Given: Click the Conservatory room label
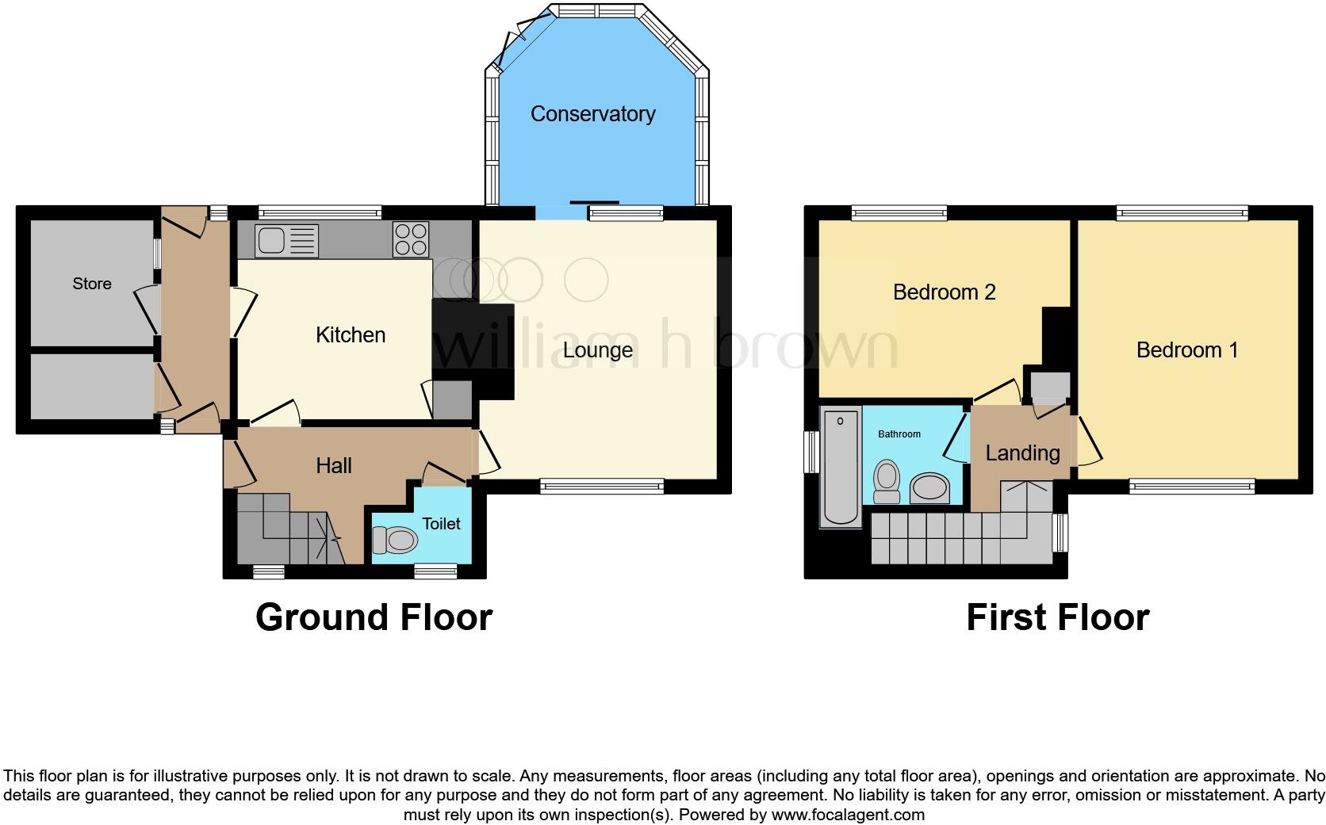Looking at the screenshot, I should click(x=592, y=114).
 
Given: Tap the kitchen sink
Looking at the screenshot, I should click(x=286, y=241).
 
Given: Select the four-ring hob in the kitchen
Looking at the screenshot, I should click(x=411, y=239).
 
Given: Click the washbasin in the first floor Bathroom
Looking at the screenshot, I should click(x=929, y=489).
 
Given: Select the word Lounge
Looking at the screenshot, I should click(x=597, y=350).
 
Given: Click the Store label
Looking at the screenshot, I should click(x=92, y=284).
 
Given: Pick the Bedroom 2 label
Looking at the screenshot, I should click(x=944, y=292).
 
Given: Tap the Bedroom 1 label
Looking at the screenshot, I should click(x=1186, y=350).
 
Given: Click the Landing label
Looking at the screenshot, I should click(x=1022, y=453).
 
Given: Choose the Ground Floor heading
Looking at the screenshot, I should click(x=374, y=617).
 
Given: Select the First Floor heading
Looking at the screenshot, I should click(x=1057, y=617).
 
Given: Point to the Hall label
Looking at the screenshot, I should click(x=333, y=466).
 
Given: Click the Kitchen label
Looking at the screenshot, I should click(x=351, y=335).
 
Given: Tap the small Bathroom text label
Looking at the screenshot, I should click(x=899, y=434).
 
